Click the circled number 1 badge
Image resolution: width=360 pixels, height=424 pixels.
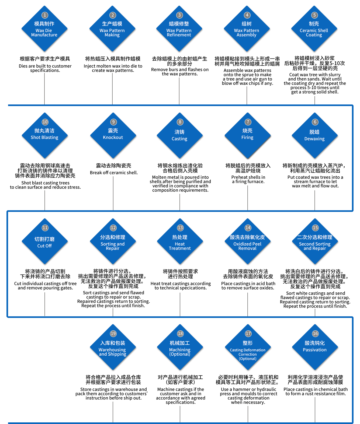[x=45, y=15]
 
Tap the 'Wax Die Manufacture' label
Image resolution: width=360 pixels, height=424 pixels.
[x=44, y=33]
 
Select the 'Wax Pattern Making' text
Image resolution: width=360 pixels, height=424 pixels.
[x=112, y=33]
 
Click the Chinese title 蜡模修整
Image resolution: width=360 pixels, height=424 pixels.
[x=179, y=24]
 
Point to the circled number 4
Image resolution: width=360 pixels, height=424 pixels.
[x=247, y=15]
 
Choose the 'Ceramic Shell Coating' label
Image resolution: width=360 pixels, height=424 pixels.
[x=314, y=33]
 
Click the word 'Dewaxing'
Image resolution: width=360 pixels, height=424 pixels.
[x=314, y=139]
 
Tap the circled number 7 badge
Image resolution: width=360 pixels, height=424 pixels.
[x=248, y=122]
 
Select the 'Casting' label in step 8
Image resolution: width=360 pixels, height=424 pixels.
[x=179, y=139]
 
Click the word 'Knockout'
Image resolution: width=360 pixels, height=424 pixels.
[x=113, y=138]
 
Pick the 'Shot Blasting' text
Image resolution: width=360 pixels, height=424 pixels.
[x=44, y=138]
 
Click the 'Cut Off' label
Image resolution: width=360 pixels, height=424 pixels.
[x=44, y=246]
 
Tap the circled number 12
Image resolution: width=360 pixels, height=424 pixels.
[x=113, y=228]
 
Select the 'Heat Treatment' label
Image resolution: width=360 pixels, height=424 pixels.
[x=180, y=246]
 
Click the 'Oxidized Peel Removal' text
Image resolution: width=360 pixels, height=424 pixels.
[x=247, y=246]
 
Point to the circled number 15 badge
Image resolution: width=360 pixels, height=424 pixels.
[x=315, y=228]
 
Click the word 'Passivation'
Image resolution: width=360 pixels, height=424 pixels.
[x=315, y=350]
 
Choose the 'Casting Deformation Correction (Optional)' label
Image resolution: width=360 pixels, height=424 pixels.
[x=248, y=355]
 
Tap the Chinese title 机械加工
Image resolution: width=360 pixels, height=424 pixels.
[x=180, y=343]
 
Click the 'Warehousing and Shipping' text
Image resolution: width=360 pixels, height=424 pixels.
[x=112, y=352]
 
